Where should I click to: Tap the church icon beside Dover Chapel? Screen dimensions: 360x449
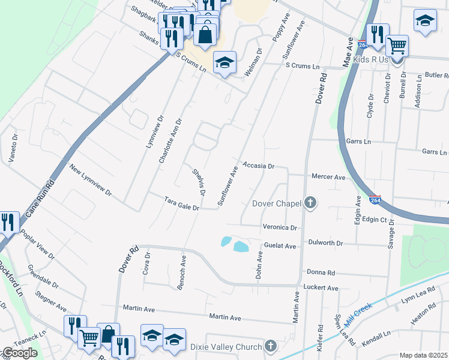point(310,203)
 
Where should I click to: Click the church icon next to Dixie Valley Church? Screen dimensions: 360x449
point(271,346)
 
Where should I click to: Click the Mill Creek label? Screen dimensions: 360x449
point(358,313)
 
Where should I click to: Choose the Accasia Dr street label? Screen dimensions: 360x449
point(258,165)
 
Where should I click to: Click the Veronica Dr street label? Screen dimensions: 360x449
point(280,227)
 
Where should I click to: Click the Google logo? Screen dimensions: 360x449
point(20,353)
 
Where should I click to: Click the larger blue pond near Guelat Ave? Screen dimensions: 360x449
point(241,247)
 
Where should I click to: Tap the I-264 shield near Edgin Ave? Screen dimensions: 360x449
point(375,200)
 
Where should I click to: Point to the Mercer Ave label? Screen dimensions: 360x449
point(328,177)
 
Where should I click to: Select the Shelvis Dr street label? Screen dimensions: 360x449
point(199,182)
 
